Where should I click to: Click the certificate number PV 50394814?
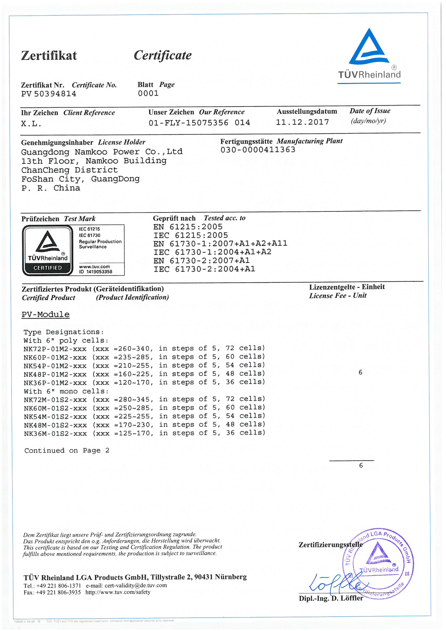[x=49, y=94]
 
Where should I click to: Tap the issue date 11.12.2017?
[x=302, y=122]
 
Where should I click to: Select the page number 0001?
[x=148, y=93]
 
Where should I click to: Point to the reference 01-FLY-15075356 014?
[x=199, y=123]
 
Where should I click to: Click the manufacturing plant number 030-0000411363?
[x=258, y=150]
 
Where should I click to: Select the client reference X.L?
[x=31, y=124]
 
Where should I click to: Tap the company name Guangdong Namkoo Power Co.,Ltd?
[x=102, y=152]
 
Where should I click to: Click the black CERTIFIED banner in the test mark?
[x=47, y=268]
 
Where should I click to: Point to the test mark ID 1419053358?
[x=96, y=272]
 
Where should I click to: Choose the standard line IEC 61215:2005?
[x=191, y=235]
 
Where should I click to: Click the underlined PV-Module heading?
[x=46, y=314]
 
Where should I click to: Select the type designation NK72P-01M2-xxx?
[x=55, y=349]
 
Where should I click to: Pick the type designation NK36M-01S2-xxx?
[x=55, y=434]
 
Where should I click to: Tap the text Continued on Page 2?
[x=67, y=450]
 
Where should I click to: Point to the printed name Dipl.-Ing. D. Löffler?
[x=331, y=598]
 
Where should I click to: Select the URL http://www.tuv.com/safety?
[x=118, y=592]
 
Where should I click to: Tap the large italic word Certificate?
[x=163, y=56]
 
